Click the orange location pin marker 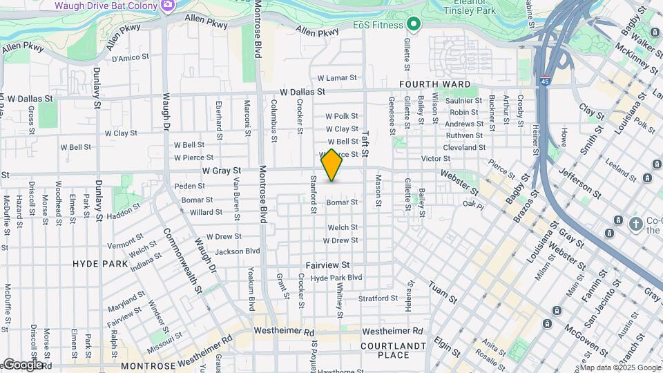click(x=331, y=165)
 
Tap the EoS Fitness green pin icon click(x=414, y=26)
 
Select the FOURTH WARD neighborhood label click(x=429, y=84)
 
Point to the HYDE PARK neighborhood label click(x=100, y=264)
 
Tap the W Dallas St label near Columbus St click(x=302, y=92)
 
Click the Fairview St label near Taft click(x=329, y=265)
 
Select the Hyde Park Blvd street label click(x=336, y=278)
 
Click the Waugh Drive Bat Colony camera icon click(x=167, y=6)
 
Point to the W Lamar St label click(x=336, y=79)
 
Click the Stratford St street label click(x=378, y=298)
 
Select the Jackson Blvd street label click(x=237, y=251)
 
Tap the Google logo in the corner click(x=22, y=364)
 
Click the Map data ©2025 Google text click(x=620, y=367)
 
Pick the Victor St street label click(x=436, y=159)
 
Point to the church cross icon click(x=635, y=222)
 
